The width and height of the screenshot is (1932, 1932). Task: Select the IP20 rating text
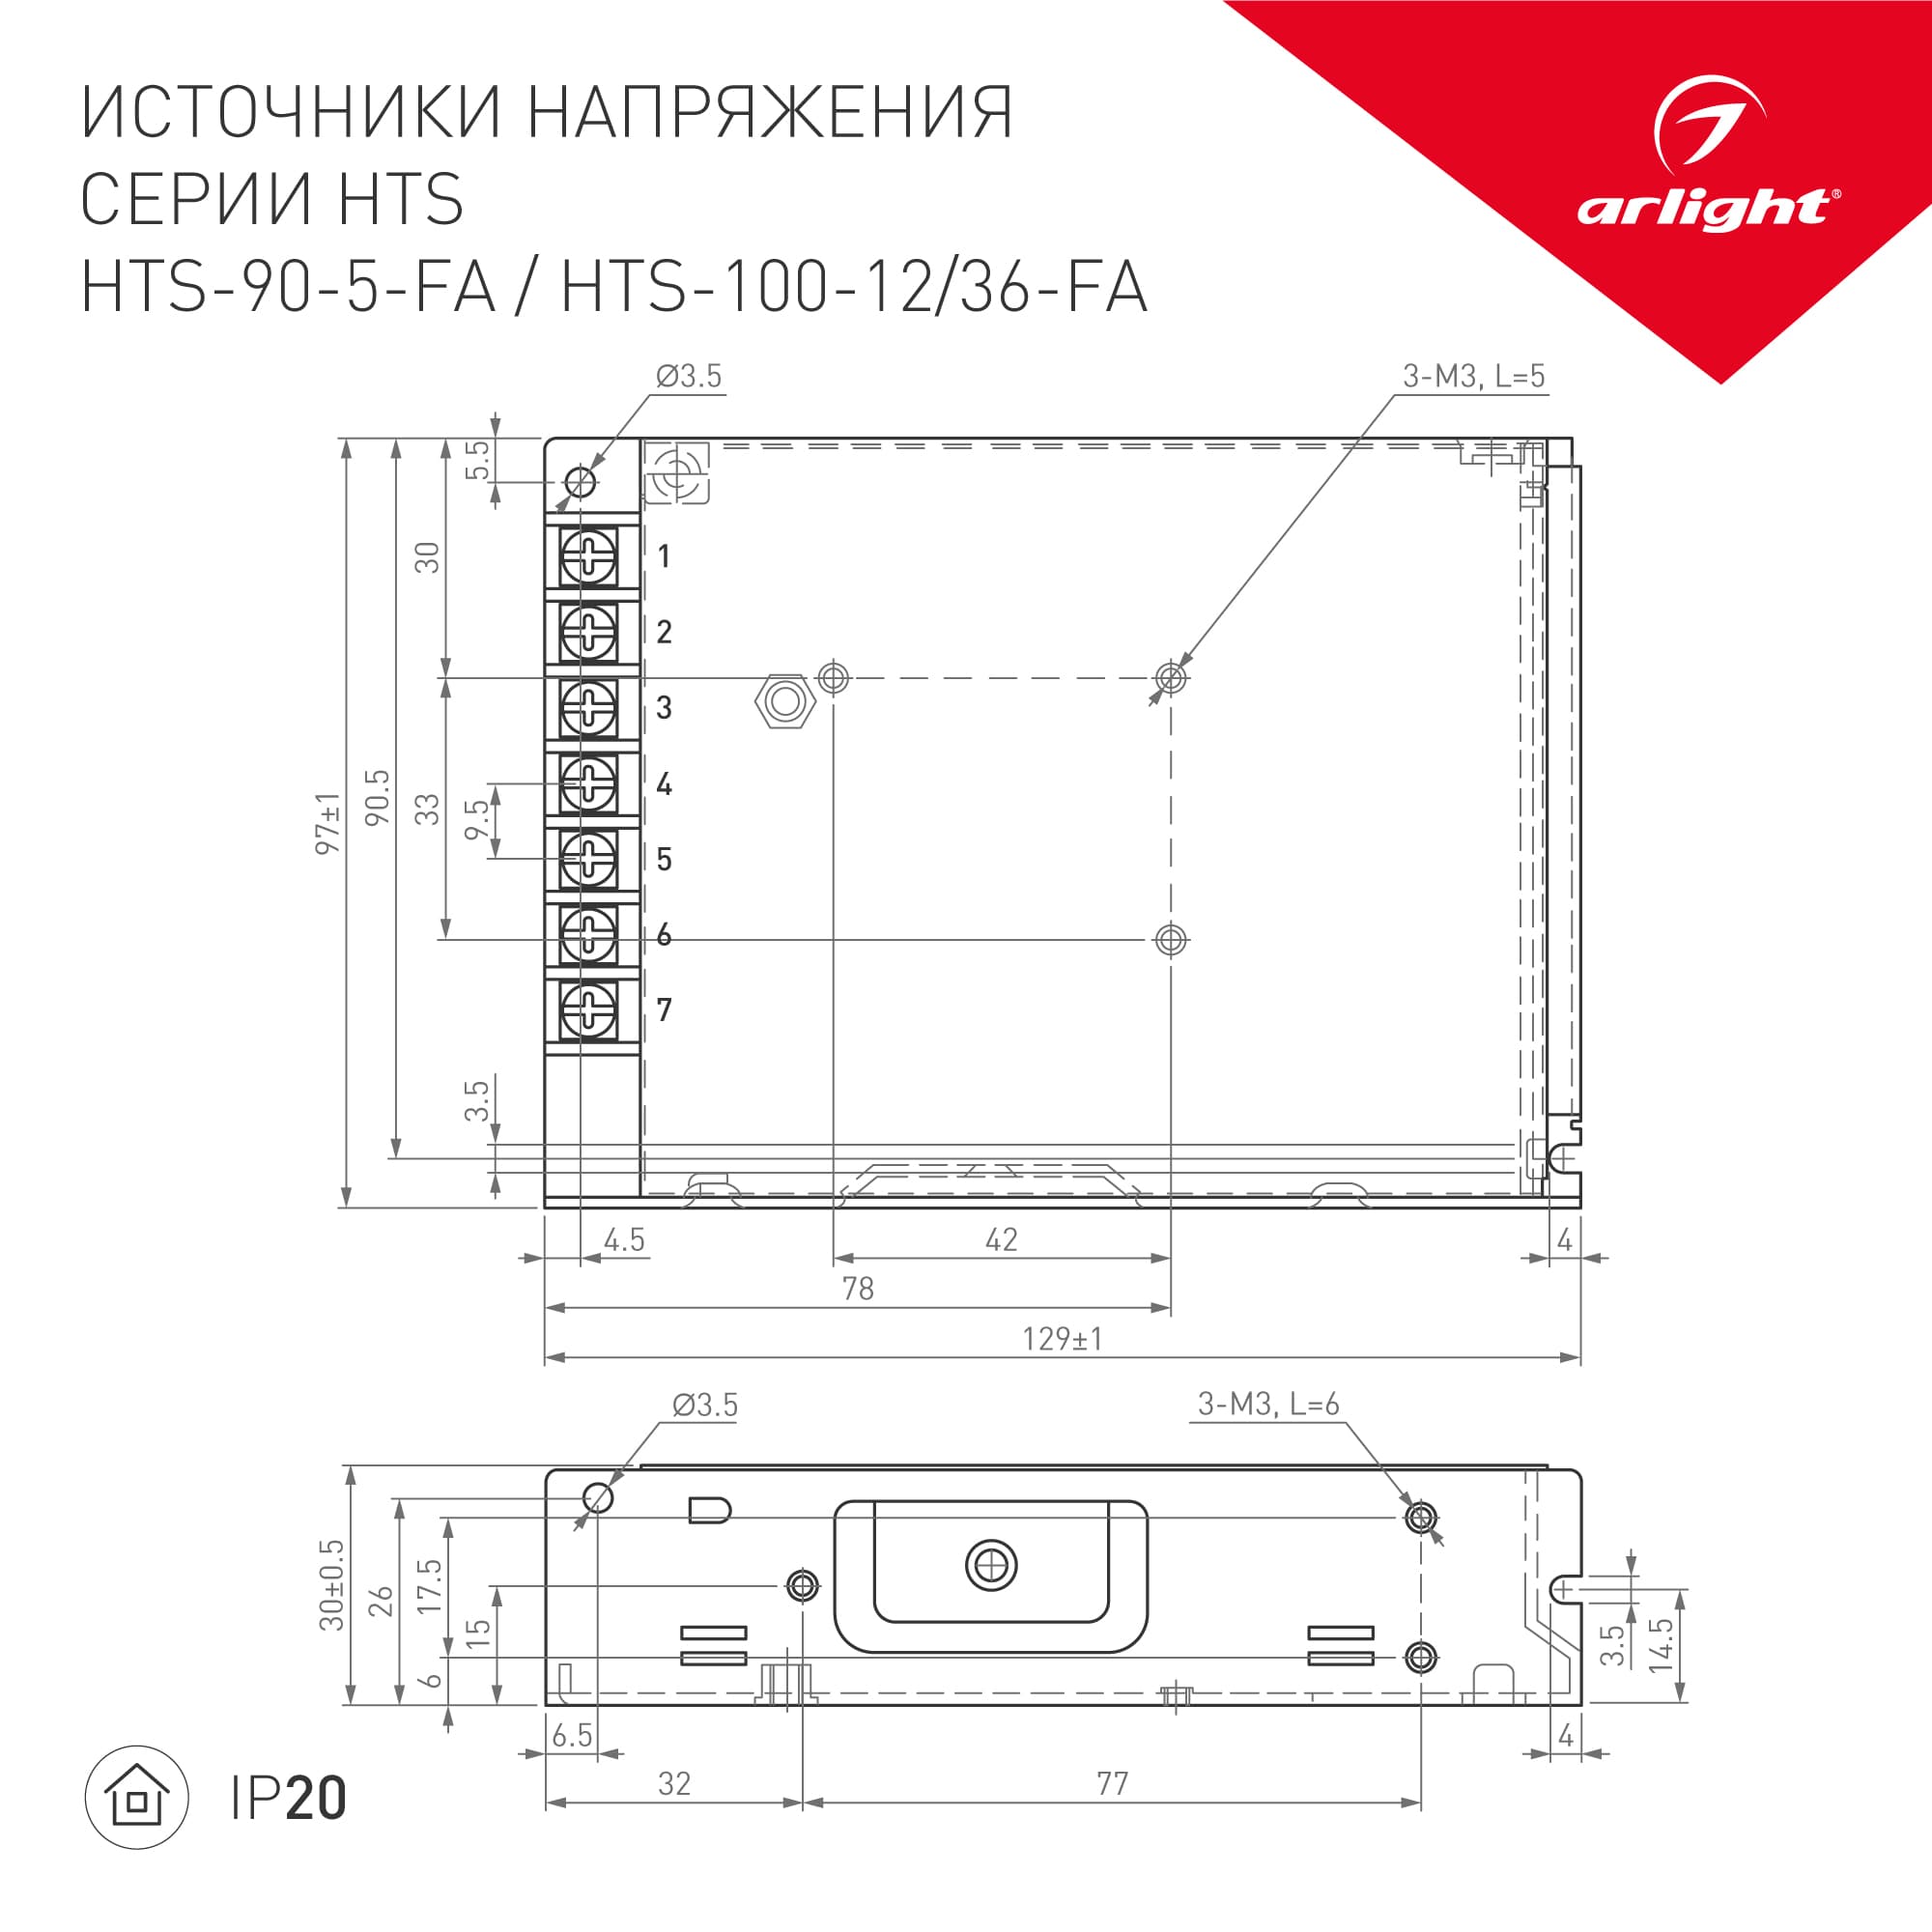[289, 1798]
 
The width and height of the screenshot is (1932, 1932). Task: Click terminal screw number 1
[588, 556]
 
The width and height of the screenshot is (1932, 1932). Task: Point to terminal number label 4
[664, 783]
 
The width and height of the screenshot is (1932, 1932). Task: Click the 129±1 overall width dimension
[1062, 1338]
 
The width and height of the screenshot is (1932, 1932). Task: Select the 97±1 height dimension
[328, 823]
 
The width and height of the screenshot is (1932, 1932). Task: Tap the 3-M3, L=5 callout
[1473, 376]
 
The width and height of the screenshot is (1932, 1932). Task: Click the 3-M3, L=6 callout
[1268, 1404]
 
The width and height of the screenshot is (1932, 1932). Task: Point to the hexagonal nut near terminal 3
[785, 701]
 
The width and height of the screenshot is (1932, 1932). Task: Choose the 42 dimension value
[1001, 1240]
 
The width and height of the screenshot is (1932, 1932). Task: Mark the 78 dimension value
[858, 1289]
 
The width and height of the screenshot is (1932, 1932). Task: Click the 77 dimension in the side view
[1112, 1783]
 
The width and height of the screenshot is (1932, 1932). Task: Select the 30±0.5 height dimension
[332, 1585]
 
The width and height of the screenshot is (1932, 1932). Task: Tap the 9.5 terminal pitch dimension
[478, 820]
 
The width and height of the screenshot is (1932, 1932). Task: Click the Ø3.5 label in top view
[688, 376]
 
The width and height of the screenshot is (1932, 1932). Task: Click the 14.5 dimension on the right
[1661, 1645]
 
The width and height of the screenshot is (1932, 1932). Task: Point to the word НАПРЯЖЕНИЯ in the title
[770, 112]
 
